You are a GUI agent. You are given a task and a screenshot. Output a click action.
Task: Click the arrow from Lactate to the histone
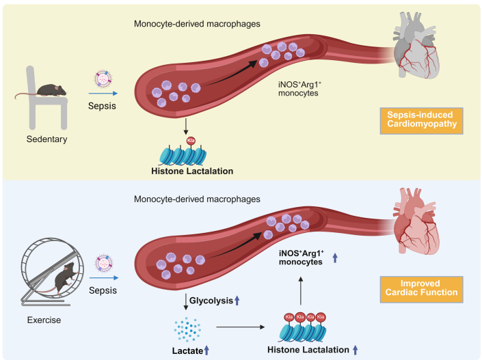point(240,327)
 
